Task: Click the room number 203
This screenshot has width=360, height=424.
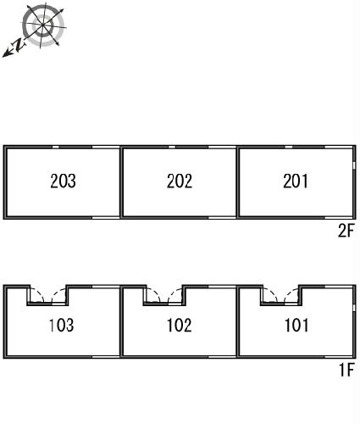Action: click(x=63, y=181)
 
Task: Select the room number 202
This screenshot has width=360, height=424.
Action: click(x=180, y=181)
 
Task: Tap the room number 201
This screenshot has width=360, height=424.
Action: click(x=296, y=181)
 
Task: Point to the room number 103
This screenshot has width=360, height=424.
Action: click(x=62, y=325)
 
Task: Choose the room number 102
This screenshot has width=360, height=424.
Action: click(x=180, y=325)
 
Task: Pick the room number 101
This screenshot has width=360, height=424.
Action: click(x=296, y=325)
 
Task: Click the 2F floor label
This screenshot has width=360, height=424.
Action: click(x=346, y=232)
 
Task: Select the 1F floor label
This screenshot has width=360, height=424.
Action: click(x=346, y=370)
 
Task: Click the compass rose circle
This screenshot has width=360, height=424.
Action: click(x=43, y=25)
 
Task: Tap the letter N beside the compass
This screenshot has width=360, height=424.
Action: click(x=19, y=45)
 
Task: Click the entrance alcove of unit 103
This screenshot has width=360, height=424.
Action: click(x=48, y=295)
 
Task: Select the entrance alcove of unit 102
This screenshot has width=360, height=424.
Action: click(x=164, y=295)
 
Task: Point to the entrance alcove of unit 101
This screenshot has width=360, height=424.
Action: click(x=281, y=295)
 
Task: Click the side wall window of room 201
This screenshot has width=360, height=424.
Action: click(x=354, y=165)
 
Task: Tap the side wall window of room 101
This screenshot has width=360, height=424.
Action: click(x=354, y=308)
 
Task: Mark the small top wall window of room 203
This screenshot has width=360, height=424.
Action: click(x=56, y=147)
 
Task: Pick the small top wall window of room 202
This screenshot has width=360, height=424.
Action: click(x=172, y=147)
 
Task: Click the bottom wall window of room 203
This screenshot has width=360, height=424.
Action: click(x=106, y=218)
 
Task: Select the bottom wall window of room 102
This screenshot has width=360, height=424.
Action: click(x=222, y=357)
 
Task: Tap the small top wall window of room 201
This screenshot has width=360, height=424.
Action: click(x=289, y=147)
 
